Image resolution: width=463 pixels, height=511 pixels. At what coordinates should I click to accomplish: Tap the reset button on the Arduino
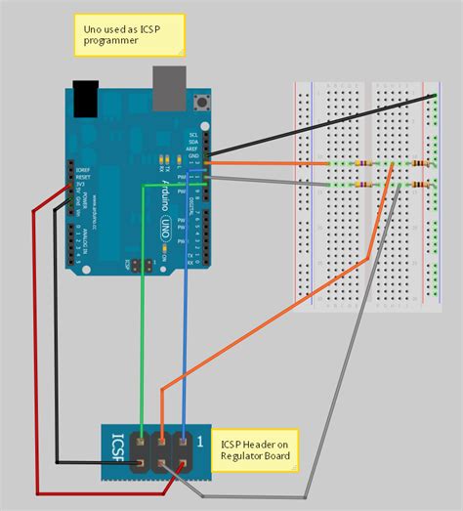click(203, 101)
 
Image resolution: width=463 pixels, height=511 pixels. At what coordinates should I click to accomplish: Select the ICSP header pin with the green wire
click(143, 443)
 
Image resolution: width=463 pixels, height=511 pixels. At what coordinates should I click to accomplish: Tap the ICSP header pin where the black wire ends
click(143, 463)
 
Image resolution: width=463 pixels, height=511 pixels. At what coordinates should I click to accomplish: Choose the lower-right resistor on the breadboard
click(423, 184)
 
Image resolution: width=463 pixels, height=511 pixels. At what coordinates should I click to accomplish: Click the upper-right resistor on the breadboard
click(423, 162)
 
